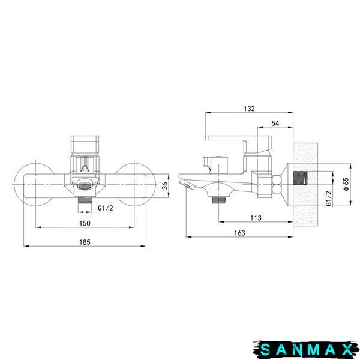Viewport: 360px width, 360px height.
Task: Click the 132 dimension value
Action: coord(250,109)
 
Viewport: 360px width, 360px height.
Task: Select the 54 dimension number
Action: coord(275,123)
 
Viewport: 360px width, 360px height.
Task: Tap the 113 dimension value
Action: coord(256,218)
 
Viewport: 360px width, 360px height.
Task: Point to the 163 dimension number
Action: coord(239,233)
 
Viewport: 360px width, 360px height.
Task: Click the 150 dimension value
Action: coord(85,223)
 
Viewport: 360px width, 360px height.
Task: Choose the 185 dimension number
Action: coord(85,242)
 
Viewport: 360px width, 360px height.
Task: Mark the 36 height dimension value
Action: coord(165,185)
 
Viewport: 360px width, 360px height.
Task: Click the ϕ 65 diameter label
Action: coord(346,184)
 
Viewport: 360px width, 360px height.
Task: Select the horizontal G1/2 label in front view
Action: coord(106,208)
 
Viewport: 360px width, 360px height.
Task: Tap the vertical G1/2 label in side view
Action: coord(329,199)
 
